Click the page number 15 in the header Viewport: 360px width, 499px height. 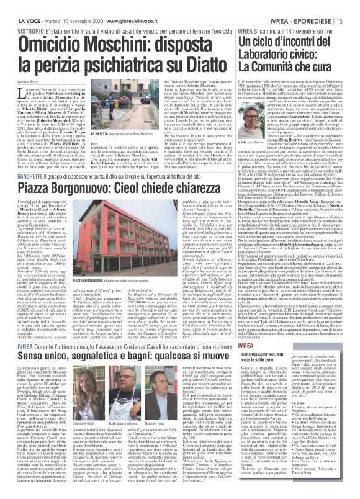click(x=353, y=6)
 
